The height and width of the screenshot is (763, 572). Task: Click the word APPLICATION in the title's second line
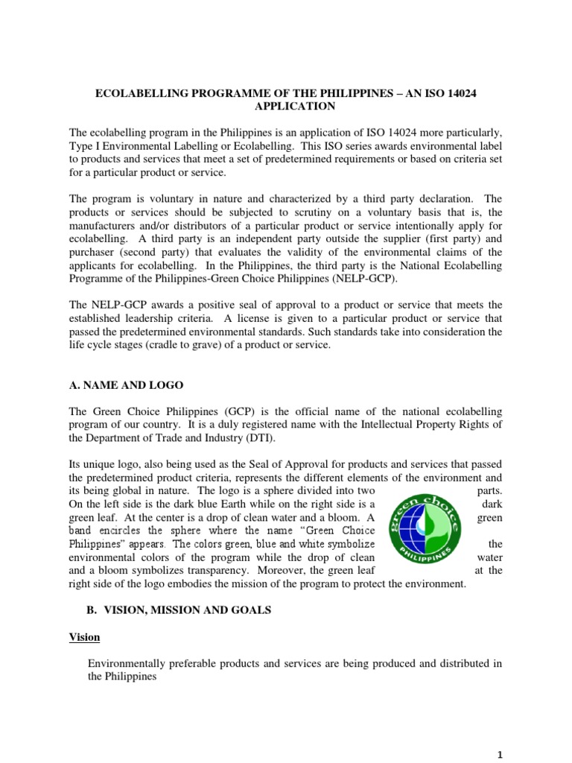[285, 107]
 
